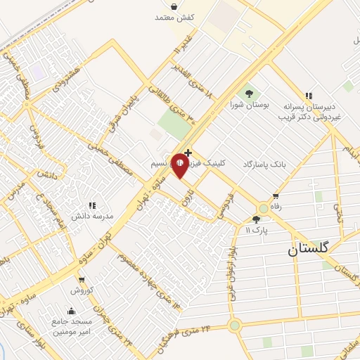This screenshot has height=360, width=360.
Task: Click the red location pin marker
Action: click(x=180, y=166)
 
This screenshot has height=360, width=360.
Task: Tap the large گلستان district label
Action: click(x=311, y=250)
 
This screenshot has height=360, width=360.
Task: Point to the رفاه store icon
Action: click(x=275, y=197)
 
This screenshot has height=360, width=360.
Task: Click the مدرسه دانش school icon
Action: click(x=91, y=205)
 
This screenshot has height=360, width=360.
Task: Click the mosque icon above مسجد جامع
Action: click(x=70, y=311)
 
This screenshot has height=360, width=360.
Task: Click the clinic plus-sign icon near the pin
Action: click(x=188, y=153)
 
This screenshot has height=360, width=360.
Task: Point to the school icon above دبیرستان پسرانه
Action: click(x=307, y=96)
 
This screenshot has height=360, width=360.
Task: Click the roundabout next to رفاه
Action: click(x=264, y=209)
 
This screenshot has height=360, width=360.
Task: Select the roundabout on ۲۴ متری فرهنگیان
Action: click(x=234, y=325)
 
